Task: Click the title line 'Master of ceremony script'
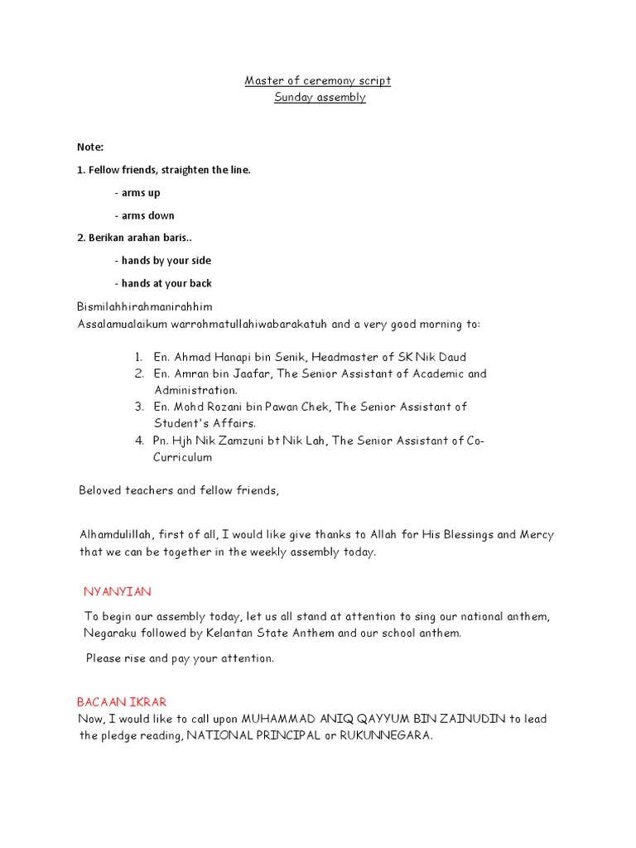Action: tap(318, 80)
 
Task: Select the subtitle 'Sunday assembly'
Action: tap(320, 97)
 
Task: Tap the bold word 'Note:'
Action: tap(90, 147)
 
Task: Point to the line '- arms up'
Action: tap(137, 192)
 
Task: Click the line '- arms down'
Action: tap(144, 215)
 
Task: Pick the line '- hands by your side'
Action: tap(163, 260)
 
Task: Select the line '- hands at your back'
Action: tap(163, 283)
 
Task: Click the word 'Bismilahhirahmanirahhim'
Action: tap(145, 306)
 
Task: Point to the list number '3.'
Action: tap(140, 407)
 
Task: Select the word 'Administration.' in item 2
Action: tap(195, 390)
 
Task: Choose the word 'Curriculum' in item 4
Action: tap(182, 457)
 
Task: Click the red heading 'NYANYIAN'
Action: tap(117, 591)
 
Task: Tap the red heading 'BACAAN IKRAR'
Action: tap(122, 701)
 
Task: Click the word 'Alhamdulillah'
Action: tap(117, 534)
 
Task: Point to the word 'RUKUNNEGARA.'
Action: tap(381, 735)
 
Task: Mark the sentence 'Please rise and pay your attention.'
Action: tap(180, 658)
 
